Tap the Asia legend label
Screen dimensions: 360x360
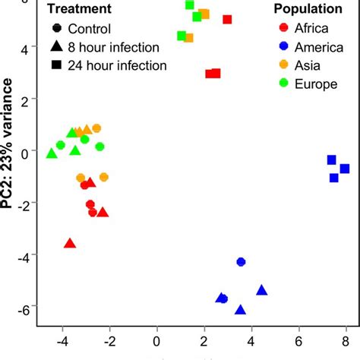(x=307, y=66)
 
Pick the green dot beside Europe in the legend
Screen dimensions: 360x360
(x=284, y=84)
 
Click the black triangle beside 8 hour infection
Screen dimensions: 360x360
(x=57, y=47)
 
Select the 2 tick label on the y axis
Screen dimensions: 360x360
(x=24, y=100)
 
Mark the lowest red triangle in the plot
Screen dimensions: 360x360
(x=70, y=243)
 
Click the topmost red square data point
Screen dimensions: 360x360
(x=227, y=20)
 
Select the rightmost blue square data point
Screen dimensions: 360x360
(x=345, y=169)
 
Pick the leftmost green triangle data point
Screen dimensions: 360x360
(x=52, y=153)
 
